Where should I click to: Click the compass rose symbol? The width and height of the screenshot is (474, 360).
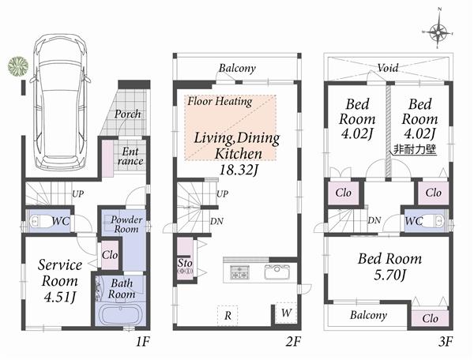[440, 32]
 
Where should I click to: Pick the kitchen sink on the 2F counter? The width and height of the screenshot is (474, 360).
[278, 273]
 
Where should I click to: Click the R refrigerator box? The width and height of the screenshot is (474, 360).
[228, 314]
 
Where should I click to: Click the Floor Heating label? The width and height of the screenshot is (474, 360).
[220, 101]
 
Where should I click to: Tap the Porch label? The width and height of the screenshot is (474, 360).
[128, 114]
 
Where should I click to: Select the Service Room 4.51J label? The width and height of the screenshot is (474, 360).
[58, 281]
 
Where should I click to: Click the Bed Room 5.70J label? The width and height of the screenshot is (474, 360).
[389, 266]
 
